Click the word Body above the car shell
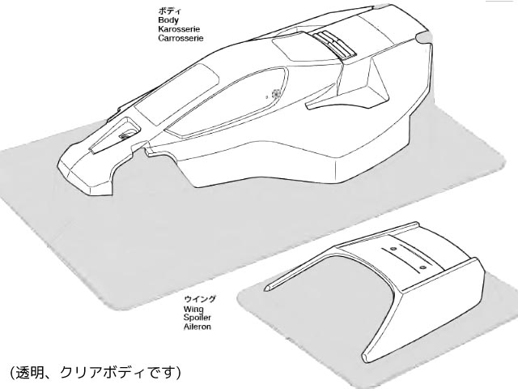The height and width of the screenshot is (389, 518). coord(168,20)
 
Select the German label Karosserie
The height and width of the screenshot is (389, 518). coord(179,29)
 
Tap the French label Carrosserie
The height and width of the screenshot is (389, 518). coord(180,38)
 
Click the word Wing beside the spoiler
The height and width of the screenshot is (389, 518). coord(193,310)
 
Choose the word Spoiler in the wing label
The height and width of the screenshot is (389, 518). coord(197,318)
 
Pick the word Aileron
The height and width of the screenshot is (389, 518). coord(197,327)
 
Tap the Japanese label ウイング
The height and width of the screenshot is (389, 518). coord(200,299)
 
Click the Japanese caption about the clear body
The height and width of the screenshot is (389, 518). coord(96,373)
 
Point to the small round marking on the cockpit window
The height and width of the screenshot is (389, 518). coord(275,94)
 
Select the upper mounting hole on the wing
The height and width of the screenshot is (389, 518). coord(393,249)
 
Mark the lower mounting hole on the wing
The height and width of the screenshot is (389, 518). coord(422,267)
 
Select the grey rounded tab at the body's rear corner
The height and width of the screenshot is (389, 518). coord(423,37)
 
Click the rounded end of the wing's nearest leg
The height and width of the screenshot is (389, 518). coord(365,357)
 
